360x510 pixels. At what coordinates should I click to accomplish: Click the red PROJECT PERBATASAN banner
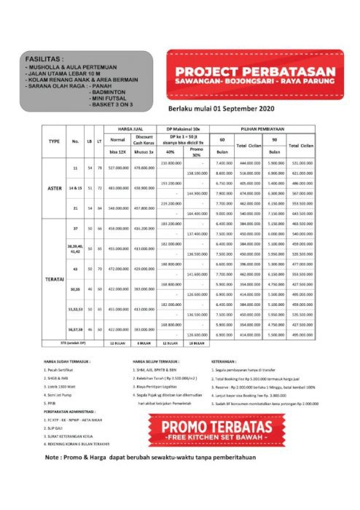point(254,74)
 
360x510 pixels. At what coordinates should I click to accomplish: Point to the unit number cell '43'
point(74,269)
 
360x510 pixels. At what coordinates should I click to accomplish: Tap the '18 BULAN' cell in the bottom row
point(195,342)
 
